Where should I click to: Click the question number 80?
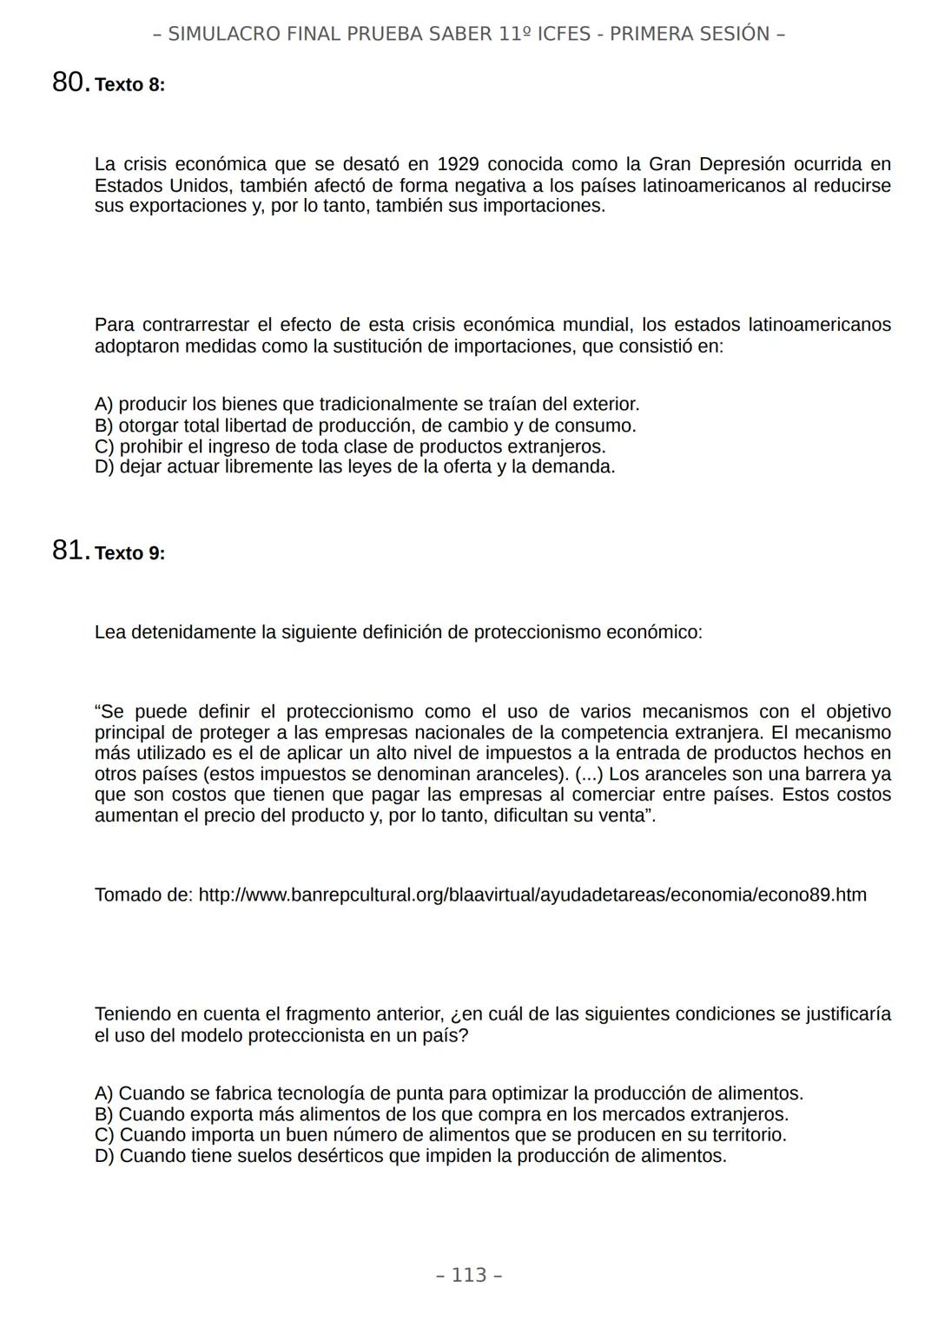69,83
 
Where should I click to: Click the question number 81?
69,551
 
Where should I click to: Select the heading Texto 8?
129,85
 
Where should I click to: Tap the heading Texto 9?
129,553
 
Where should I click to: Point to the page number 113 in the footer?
469,1275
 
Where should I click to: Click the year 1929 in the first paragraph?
458,164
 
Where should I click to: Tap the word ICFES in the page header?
565,34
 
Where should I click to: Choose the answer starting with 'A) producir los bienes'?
367,405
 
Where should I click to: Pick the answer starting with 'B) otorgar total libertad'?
365,426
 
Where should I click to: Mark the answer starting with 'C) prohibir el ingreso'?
350,446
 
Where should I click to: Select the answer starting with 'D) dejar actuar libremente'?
354,467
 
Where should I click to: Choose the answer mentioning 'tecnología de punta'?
448,1093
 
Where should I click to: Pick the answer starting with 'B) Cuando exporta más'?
441,1114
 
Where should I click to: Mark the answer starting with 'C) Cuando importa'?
440,1135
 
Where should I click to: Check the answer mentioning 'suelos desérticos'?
410,1156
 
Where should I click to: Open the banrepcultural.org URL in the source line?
532,895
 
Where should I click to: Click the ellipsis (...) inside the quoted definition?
590,774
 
